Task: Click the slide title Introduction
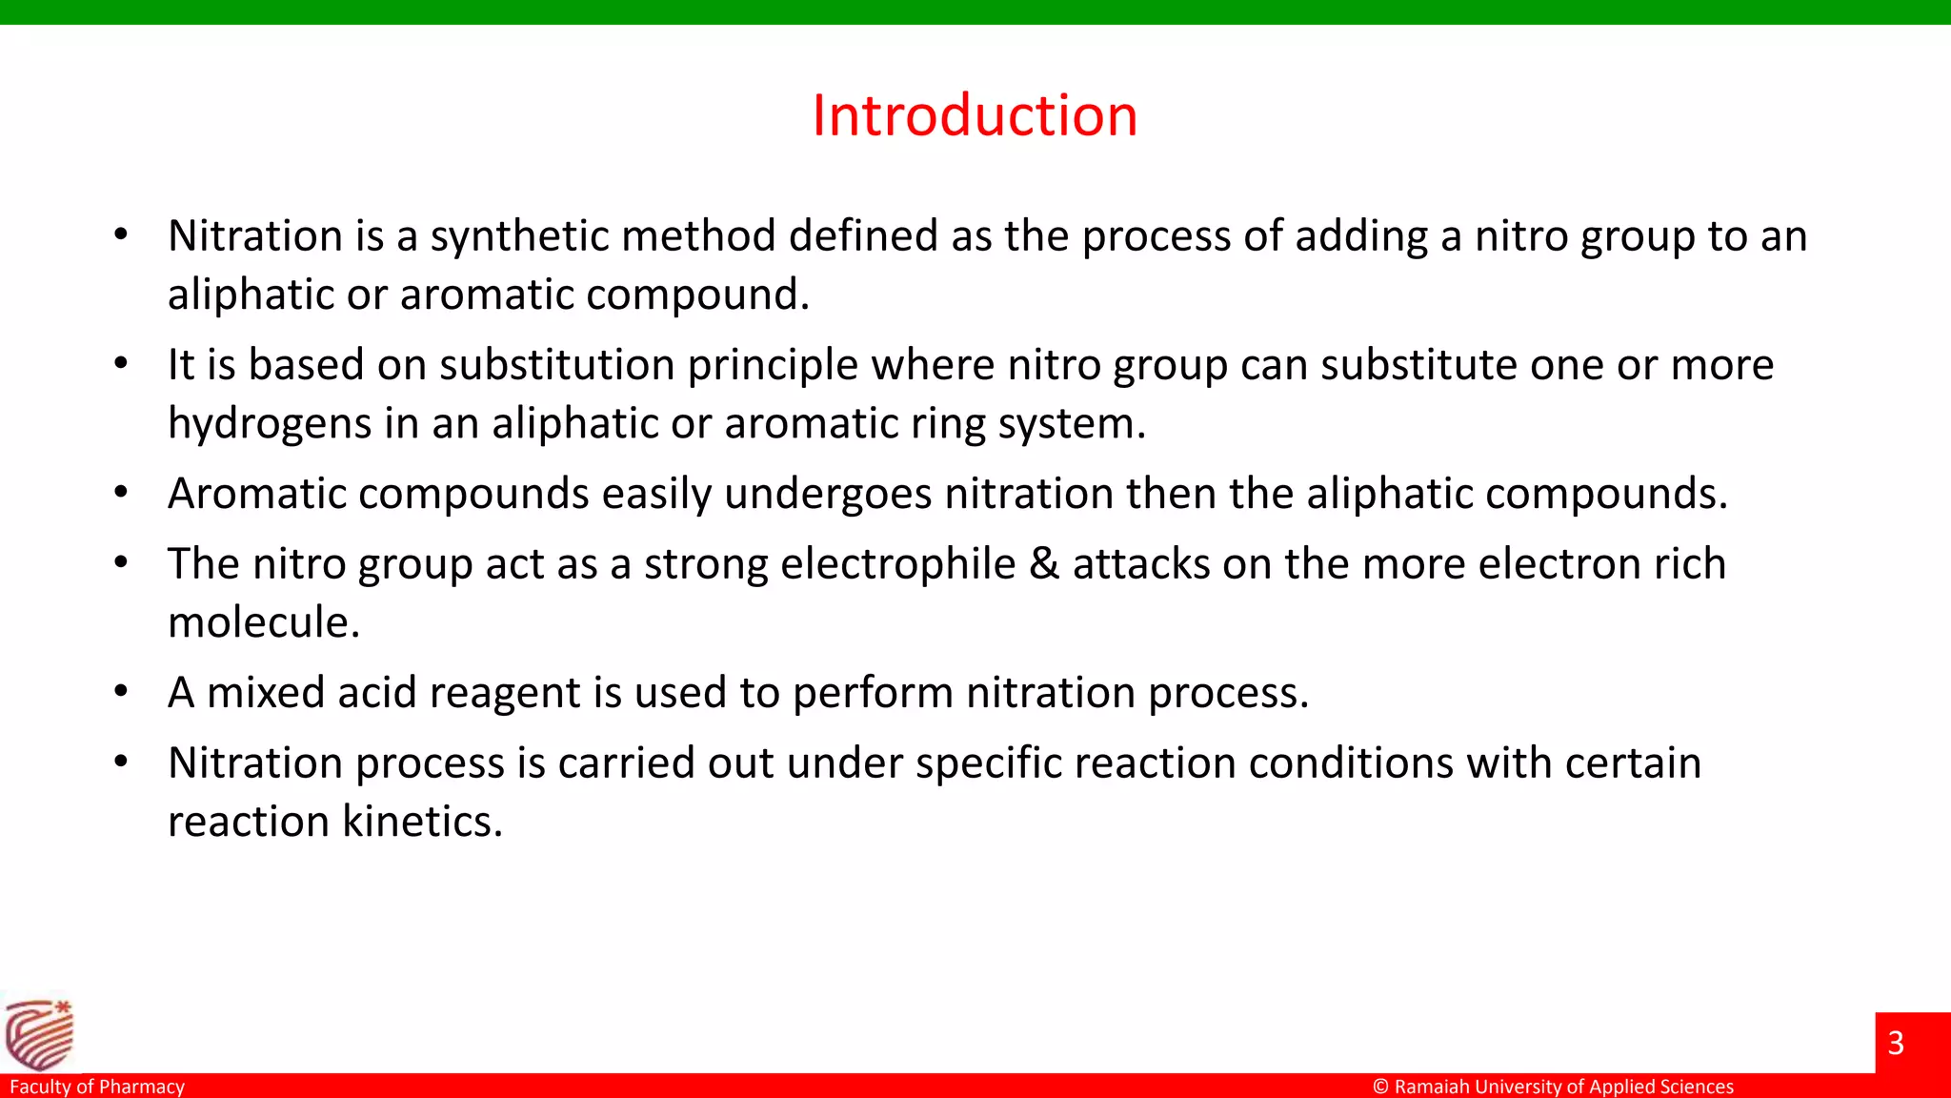975,116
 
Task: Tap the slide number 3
1895,1043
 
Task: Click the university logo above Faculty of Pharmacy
39,1034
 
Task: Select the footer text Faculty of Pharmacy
97,1087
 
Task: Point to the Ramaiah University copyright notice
1553,1087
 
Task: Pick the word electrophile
898,564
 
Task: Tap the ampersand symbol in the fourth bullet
1044,564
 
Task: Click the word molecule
264,623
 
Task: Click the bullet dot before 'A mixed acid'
121,691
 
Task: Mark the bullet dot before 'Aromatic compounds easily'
121,493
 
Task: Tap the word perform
873,694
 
